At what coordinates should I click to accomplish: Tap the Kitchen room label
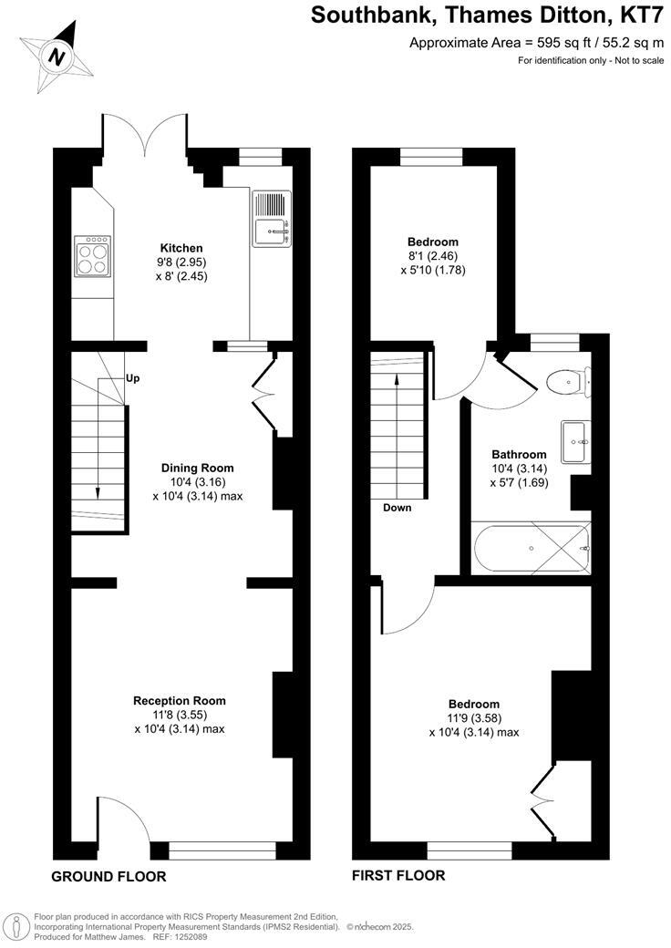(x=181, y=248)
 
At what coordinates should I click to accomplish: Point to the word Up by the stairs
(x=131, y=378)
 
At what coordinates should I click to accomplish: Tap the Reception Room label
(x=180, y=701)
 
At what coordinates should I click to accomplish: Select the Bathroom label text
(x=519, y=455)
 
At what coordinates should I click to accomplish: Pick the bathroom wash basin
(x=575, y=441)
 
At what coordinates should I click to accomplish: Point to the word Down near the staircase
(x=397, y=508)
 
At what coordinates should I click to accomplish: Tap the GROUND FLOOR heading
(x=108, y=877)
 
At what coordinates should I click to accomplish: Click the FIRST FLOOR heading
(x=398, y=876)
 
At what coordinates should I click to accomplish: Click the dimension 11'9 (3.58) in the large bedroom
(x=473, y=718)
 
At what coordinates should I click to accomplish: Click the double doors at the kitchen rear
(x=146, y=137)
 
